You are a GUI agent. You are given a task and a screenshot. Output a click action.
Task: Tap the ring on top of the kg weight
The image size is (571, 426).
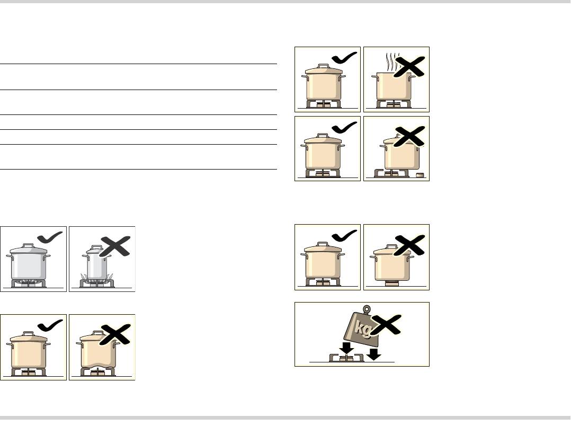point(367,309)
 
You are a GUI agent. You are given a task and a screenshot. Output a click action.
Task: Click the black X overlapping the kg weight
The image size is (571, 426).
point(387,324)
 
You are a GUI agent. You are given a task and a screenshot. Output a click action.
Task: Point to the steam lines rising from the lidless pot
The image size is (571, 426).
point(390,63)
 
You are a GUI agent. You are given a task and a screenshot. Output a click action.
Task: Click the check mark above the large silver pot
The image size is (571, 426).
point(50,237)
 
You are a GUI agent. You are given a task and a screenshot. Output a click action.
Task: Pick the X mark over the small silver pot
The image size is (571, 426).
point(115,246)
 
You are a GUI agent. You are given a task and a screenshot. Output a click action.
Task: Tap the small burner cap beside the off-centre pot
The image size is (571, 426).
point(420,175)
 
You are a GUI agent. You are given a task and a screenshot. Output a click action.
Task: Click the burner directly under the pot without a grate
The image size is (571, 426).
point(392,284)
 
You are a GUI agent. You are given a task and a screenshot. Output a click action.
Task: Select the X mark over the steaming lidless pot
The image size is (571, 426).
point(409,67)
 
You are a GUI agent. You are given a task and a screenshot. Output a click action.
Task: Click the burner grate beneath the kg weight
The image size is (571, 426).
point(346,358)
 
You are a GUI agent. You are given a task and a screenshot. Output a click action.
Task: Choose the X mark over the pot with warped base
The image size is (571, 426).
point(115,334)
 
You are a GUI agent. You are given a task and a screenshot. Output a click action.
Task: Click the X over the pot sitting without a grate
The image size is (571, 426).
point(409,245)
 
